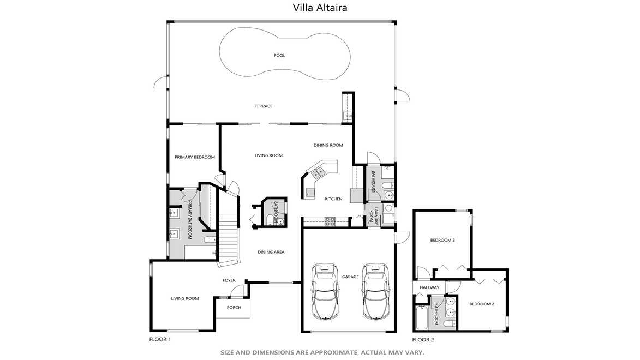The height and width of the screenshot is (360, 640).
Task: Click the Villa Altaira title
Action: (x=320, y=7)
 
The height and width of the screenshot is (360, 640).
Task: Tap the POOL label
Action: (x=279, y=56)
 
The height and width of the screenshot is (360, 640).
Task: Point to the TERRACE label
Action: (x=264, y=106)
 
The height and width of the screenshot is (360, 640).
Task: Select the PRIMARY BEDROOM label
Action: (x=195, y=157)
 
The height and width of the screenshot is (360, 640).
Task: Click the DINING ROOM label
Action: (x=328, y=145)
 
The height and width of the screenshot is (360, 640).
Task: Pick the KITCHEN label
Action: (x=333, y=199)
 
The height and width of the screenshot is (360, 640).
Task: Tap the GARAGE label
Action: (x=350, y=277)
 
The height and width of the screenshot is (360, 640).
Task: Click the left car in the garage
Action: (x=325, y=291)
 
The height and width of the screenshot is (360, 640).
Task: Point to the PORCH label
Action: (x=234, y=308)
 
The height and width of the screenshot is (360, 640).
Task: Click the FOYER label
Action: (x=229, y=280)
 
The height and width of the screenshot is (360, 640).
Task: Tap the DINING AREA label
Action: (x=271, y=252)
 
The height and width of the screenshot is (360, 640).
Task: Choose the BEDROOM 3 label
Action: (x=442, y=241)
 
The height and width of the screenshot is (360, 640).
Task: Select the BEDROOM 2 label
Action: (x=482, y=304)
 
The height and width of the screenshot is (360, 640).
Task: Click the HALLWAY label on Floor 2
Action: (x=429, y=288)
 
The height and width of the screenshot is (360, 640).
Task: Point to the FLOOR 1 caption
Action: (x=160, y=340)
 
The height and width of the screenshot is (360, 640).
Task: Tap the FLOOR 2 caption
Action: (x=423, y=340)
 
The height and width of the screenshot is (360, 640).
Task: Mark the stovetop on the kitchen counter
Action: (x=330, y=221)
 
